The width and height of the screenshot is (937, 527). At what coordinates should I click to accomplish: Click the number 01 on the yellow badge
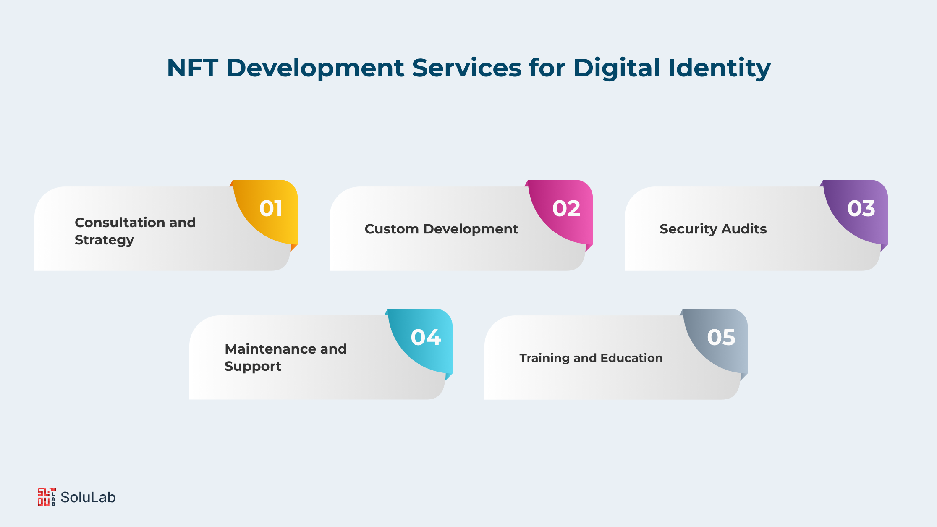pos(271,209)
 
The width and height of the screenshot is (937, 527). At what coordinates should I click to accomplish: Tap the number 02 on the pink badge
pos(566,209)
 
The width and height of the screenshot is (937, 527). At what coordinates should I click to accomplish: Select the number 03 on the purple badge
pos(861,209)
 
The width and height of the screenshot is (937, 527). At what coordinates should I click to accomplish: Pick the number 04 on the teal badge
pos(426,338)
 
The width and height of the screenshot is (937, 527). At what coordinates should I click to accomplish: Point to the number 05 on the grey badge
pos(721,338)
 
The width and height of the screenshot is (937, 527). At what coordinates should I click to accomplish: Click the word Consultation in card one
pos(120,222)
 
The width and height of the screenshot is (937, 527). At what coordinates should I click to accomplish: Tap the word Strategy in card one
pos(105,240)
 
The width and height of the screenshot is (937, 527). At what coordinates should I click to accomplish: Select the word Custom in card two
pos(392,229)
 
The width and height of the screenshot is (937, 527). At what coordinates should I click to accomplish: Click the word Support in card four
pos(253,367)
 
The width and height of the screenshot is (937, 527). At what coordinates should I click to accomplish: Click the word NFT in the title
pos(192,68)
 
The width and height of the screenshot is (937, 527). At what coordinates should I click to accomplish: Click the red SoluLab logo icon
pos(47,497)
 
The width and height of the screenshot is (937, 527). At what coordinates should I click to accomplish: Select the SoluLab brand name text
pos(88,497)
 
